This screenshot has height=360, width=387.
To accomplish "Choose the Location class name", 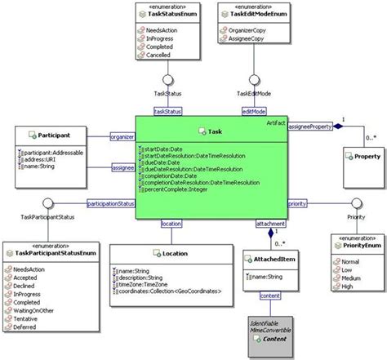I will (174, 254).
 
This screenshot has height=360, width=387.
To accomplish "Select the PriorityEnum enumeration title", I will (358, 245).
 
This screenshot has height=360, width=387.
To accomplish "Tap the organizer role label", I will (122, 137).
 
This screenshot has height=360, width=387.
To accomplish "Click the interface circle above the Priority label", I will (357, 202).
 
